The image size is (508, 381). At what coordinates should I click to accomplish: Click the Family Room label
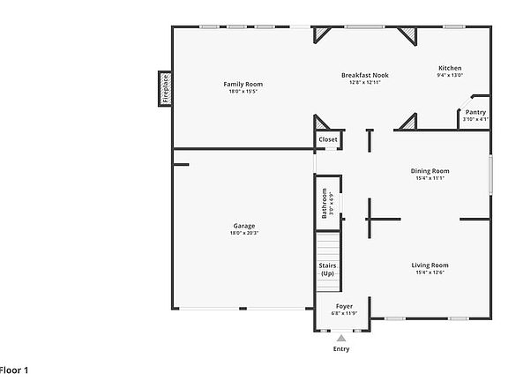click(243, 84)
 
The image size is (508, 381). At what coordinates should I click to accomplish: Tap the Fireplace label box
click(165, 88)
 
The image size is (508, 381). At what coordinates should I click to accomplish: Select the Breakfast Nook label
click(364, 75)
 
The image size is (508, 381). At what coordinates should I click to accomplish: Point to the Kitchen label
click(450, 68)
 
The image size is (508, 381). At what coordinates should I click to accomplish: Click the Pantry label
click(475, 112)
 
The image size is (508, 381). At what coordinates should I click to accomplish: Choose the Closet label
click(328, 139)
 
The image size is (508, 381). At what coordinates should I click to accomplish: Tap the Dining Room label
click(430, 170)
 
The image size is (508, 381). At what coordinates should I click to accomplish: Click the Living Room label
click(430, 265)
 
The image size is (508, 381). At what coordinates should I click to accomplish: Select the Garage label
click(243, 226)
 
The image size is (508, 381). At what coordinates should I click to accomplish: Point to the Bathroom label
click(325, 203)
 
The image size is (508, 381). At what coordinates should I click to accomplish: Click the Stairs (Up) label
click(327, 269)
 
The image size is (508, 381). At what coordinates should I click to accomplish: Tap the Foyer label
click(343, 306)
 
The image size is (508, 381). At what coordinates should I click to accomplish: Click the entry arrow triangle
click(341, 337)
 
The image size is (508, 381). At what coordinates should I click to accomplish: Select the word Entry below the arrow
click(341, 349)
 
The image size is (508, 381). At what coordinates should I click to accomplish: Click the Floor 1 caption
click(14, 370)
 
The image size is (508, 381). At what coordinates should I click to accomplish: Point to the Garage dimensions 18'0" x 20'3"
click(243, 234)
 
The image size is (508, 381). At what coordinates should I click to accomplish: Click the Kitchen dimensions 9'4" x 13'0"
click(450, 76)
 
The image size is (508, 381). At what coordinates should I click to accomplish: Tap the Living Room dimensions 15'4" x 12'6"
click(430, 273)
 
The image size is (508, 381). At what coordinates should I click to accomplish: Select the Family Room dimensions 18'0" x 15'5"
click(243, 92)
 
